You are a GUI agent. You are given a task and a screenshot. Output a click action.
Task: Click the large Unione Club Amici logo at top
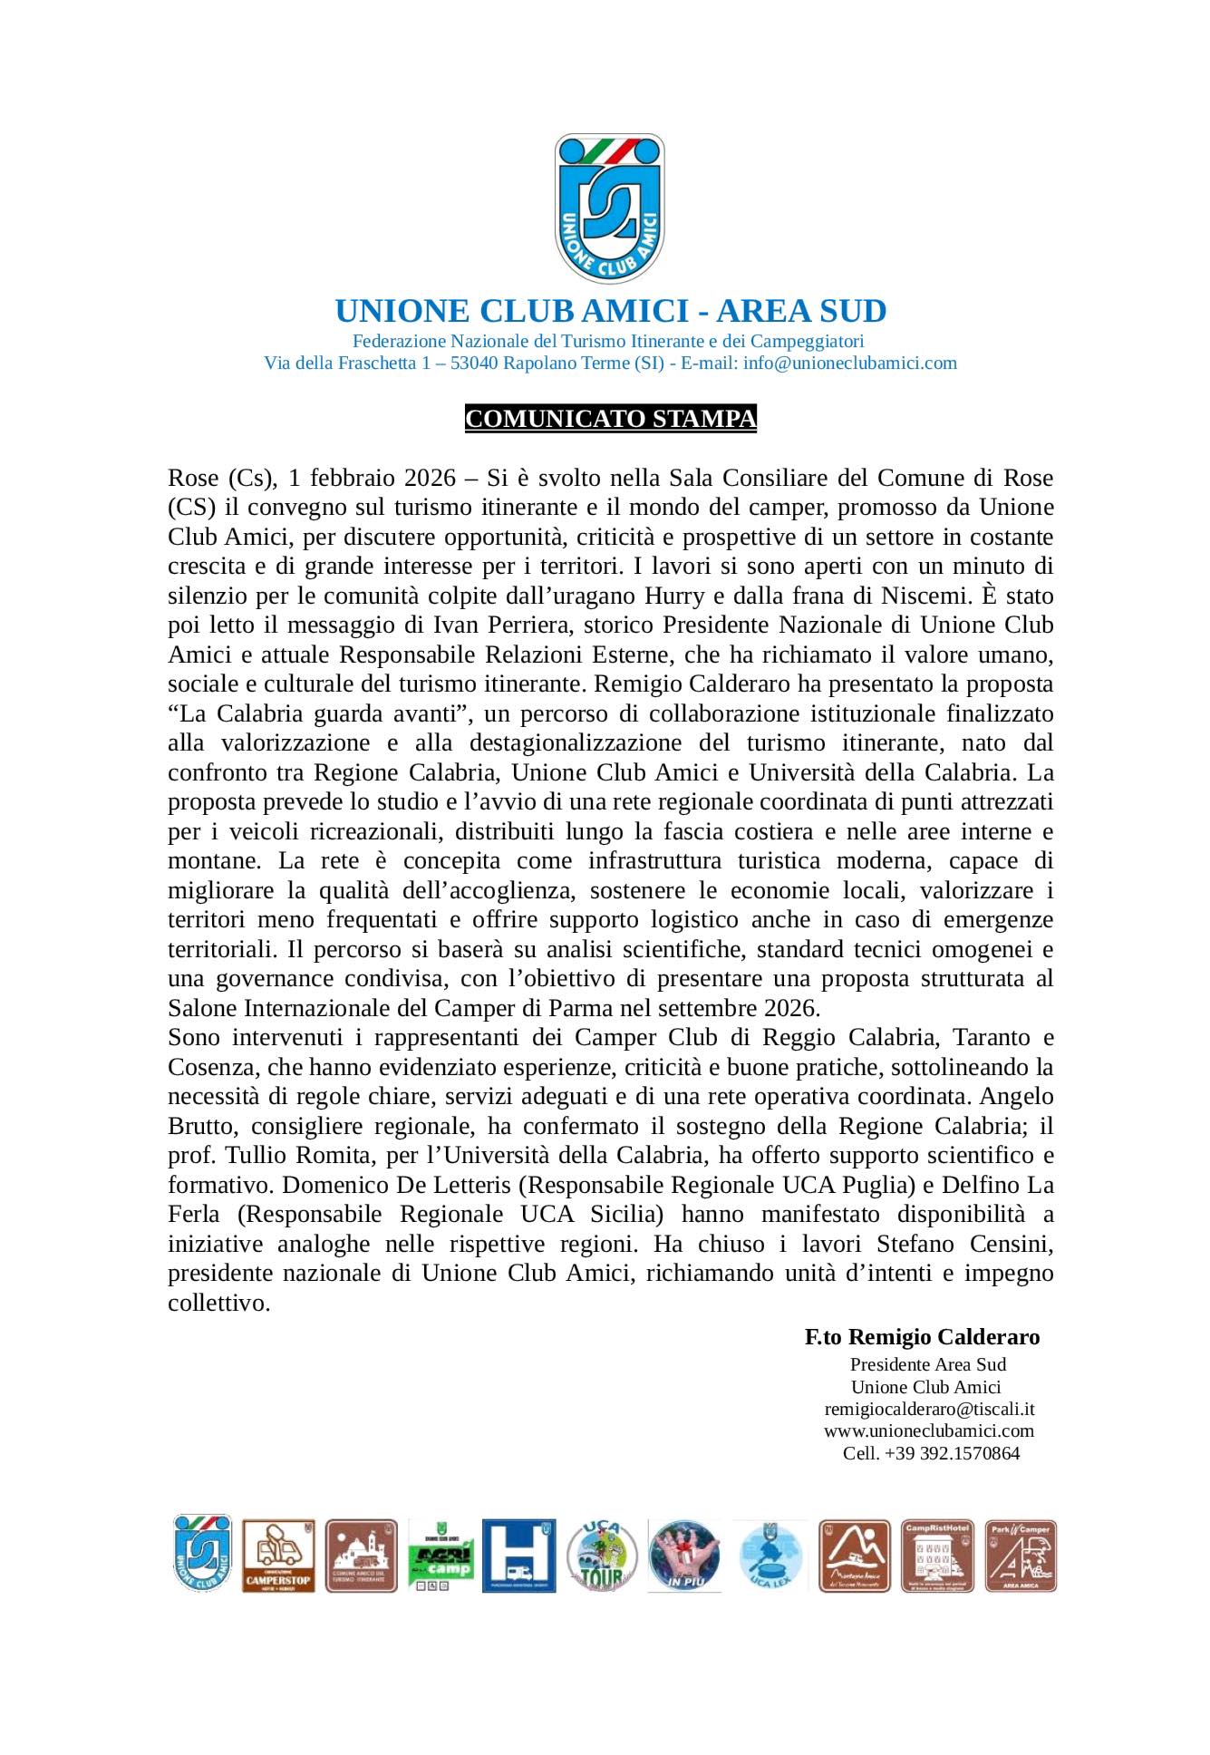click(x=609, y=208)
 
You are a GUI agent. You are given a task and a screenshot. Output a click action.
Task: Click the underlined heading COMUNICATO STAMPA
click(x=610, y=419)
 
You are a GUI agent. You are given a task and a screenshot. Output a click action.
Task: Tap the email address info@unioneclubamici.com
click(x=849, y=364)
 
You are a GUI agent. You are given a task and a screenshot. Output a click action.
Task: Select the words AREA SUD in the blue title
click(x=800, y=311)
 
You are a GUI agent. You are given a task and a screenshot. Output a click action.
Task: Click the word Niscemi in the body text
click(x=920, y=596)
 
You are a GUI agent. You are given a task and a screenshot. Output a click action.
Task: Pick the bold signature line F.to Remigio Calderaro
click(x=922, y=1337)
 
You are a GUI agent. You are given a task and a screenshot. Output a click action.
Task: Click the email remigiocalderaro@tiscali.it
click(x=929, y=1410)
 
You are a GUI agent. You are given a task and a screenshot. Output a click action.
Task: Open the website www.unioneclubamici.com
click(x=929, y=1431)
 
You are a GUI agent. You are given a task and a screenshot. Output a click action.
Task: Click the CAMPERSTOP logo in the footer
click(x=278, y=1556)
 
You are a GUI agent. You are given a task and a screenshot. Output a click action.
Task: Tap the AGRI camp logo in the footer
click(x=441, y=1556)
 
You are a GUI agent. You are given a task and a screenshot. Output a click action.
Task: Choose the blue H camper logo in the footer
click(x=518, y=1556)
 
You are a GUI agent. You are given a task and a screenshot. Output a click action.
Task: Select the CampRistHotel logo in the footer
click(x=937, y=1556)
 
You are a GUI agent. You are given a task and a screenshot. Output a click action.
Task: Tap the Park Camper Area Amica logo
click(x=1021, y=1556)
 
